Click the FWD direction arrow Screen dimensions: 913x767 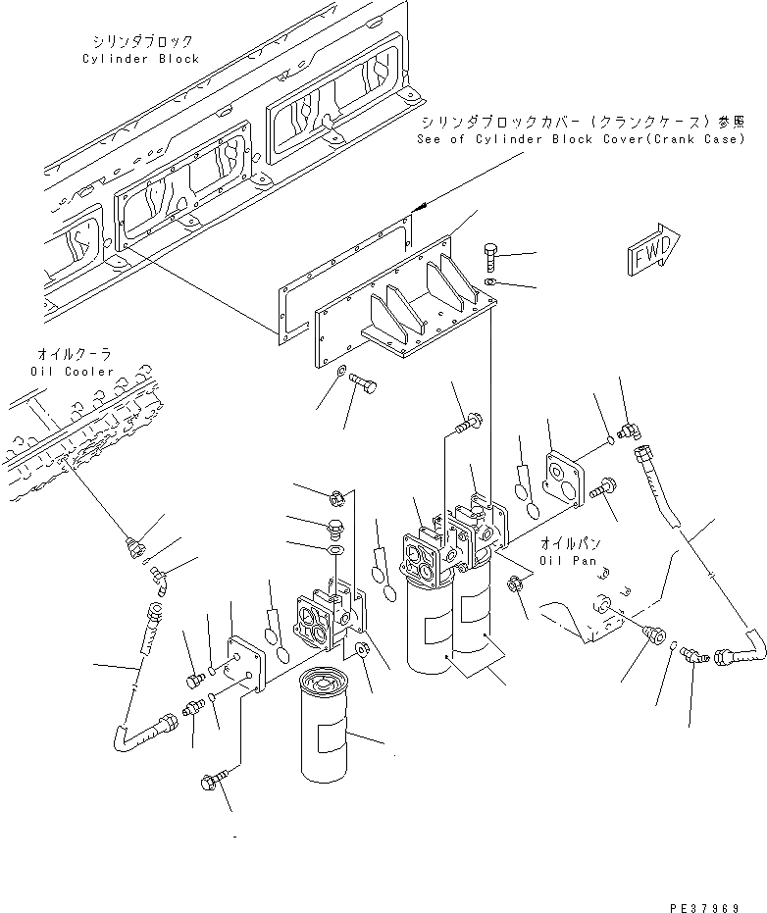coord(649,252)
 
